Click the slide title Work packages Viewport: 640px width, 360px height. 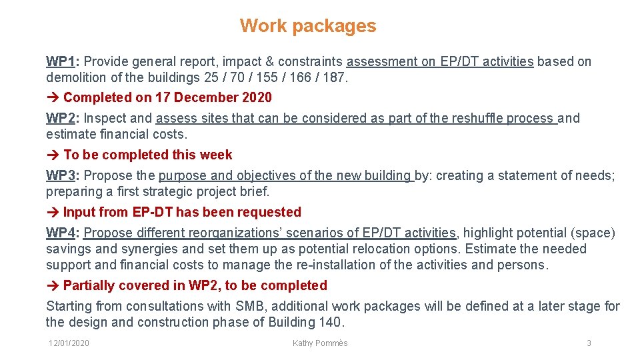pos(308,26)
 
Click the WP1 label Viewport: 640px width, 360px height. pos(61,62)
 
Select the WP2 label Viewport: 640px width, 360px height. pos(61,119)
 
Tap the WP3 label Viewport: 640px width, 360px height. pos(61,176)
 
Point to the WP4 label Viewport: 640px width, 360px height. pos(61,233)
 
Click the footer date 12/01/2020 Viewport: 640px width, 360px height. pos(69,343)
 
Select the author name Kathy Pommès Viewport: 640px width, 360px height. pos(320,343)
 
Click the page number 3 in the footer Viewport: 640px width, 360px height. pos(589,343)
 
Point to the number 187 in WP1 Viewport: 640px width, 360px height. pos(333,78)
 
